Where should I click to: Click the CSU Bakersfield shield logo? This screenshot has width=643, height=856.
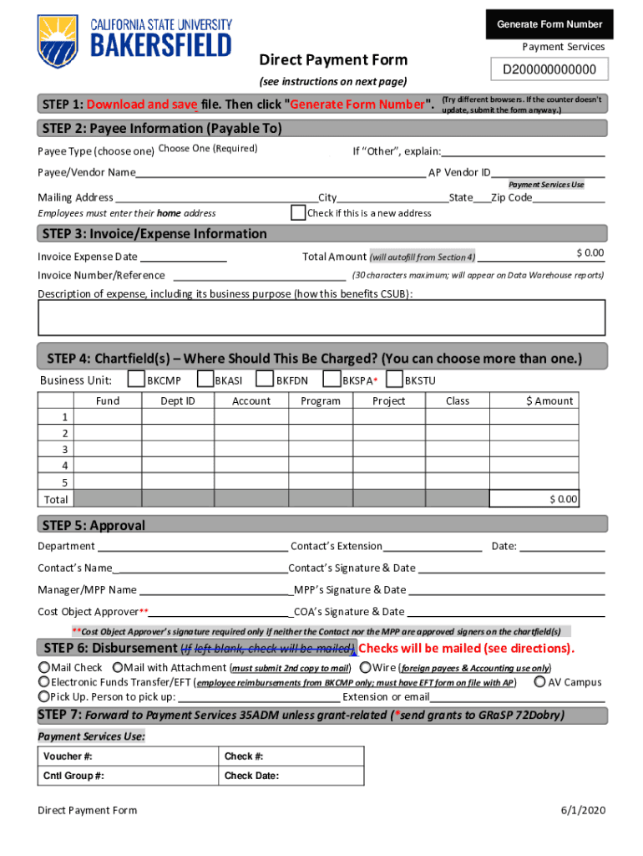pyautogui.click(x=58, y=41)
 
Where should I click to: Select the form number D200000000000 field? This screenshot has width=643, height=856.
pyautogui.click(x=549, y=69)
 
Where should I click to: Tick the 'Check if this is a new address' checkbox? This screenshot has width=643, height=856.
pyautogui.click(x=298, y=212)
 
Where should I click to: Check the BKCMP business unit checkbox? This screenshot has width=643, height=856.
pyautogui.click(x=135, y=380)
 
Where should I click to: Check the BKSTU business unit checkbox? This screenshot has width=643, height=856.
pyautogui.click(x=395, y=380)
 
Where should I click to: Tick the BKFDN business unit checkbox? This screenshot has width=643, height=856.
pyautogui.click(x=264, y=380)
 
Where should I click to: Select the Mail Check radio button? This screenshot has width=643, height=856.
pyautogui.click(x=43, y=668)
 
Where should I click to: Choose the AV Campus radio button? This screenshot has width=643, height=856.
pyautogui.click(x=539, y=682)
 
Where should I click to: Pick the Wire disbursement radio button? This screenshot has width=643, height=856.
pyautogui.click(x=366, y=668)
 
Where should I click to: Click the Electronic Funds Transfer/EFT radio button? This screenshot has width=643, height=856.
pyautogui.click(x=43, y=682)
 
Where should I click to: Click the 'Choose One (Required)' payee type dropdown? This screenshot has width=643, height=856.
pyautogui.click(x=208, y=149)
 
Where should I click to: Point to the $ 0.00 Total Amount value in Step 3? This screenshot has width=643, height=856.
pyautogui.click(x=590, y=253)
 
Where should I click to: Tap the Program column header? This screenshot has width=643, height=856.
pyautogui.click(x=321, y=401)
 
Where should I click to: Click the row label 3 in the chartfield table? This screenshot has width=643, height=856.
pyautogui.click(x=64, y=450)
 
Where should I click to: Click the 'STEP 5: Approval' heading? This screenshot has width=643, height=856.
pyautogui.click(x=94, y=525)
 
